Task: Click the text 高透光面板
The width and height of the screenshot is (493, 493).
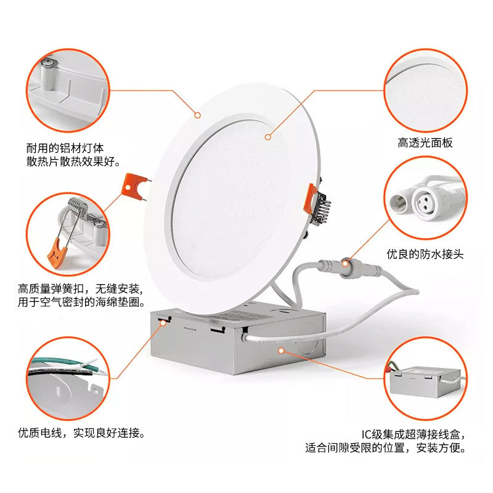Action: coord(425,143)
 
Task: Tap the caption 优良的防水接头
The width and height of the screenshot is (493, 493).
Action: coord(425,253)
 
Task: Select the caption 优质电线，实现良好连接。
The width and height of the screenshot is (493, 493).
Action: coord(82,433)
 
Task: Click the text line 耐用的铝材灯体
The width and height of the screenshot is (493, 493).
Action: coord(65,148)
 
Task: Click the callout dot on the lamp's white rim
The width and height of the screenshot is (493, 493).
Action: coord(198,115)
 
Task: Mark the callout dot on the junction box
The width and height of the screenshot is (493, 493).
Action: coord(281,351)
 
